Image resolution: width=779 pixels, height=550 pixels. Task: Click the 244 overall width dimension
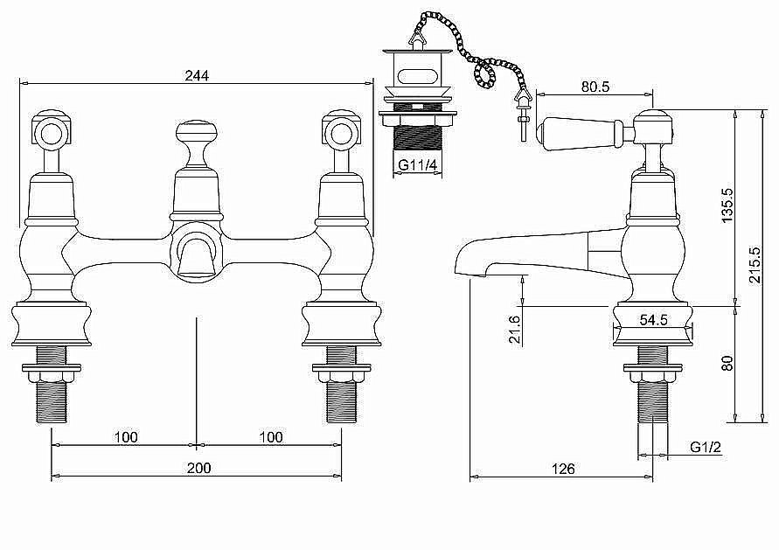198,75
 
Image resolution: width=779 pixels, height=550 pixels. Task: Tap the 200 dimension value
198,468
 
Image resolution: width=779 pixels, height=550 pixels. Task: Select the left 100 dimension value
126,437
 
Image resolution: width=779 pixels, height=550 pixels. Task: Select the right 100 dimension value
271,437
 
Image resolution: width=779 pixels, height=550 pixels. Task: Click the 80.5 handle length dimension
595,87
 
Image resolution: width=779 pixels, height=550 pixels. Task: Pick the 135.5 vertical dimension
727,205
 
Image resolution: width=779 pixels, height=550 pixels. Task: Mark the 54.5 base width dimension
653,320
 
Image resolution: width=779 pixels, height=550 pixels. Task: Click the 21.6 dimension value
515,330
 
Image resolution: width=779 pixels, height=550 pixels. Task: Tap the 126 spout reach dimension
563,469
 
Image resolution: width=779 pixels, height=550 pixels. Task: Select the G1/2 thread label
706,447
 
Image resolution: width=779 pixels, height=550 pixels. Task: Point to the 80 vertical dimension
727,363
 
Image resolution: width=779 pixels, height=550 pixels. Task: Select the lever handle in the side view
585,132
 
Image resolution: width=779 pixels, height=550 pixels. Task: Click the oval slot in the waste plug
417,78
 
